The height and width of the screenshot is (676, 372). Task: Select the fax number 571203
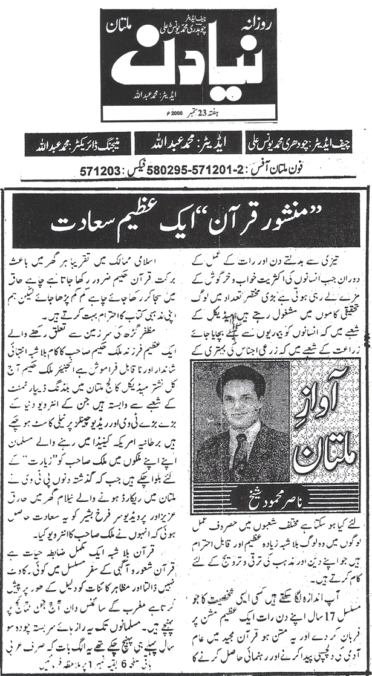[99, 171]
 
